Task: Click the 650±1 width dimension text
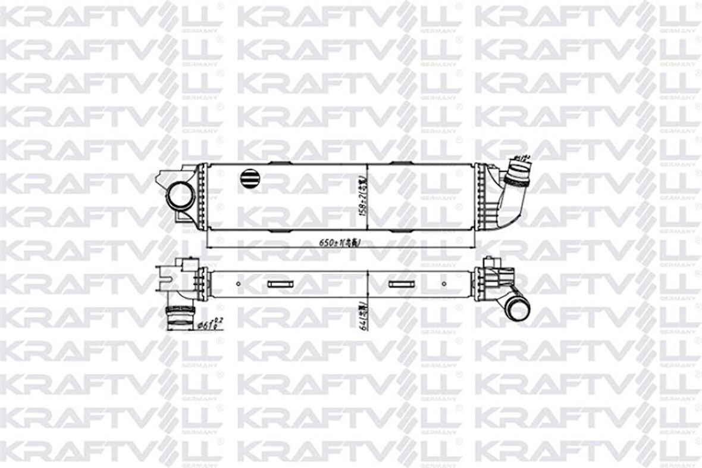coord(340,242)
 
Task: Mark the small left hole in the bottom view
coord(239,284)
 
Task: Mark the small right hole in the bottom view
coord(444,284)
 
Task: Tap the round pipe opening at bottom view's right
coord(519,310)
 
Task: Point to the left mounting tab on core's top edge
coord(278,163)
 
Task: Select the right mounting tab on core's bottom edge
coord(400,230)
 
